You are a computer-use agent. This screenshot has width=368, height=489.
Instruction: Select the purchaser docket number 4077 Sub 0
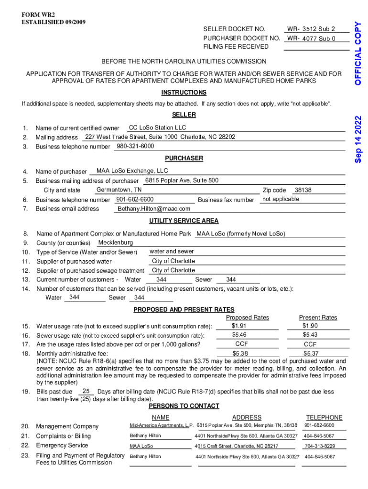point(319,39)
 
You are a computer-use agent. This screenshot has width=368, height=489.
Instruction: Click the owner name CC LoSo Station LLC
point(158,128)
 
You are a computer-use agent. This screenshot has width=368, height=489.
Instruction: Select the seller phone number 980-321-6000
point(135,146)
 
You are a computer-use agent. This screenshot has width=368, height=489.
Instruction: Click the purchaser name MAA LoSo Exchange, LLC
point(132,171)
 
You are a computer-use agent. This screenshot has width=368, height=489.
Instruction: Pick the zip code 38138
point(303,190)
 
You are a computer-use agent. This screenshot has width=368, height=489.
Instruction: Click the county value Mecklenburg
point(116,243)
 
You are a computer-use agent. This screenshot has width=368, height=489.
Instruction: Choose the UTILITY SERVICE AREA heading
point(184,221)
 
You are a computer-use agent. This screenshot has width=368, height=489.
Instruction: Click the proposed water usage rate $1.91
point(239,326)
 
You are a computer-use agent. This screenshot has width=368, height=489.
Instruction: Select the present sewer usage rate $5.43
point(310,335)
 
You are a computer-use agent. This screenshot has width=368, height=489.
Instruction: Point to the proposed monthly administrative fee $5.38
point(240,353)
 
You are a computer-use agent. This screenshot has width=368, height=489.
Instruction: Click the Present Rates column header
point(318,318)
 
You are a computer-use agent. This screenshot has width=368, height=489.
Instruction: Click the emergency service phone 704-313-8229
point(320,446)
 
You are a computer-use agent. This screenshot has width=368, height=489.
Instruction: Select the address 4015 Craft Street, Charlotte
point(237,446)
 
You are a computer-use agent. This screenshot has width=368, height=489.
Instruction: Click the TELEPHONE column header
point(324,417)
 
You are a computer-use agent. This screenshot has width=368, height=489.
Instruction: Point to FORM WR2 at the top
point(35,14)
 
